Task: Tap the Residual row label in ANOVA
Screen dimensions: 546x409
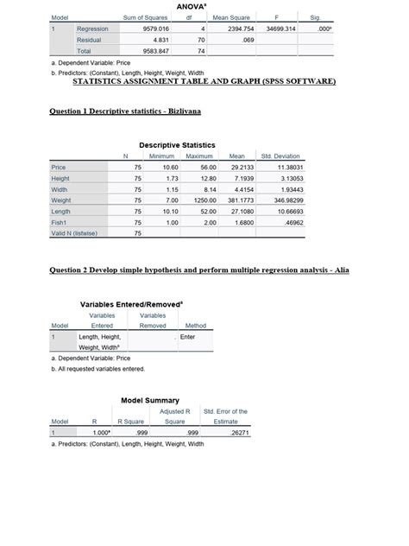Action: (x=89, y=40)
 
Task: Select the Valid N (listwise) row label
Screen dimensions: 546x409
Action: (x=74, y=232)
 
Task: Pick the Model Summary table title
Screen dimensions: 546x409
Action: (x=150, y=400)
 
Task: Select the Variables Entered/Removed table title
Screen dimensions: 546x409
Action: (x=131, y=305)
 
